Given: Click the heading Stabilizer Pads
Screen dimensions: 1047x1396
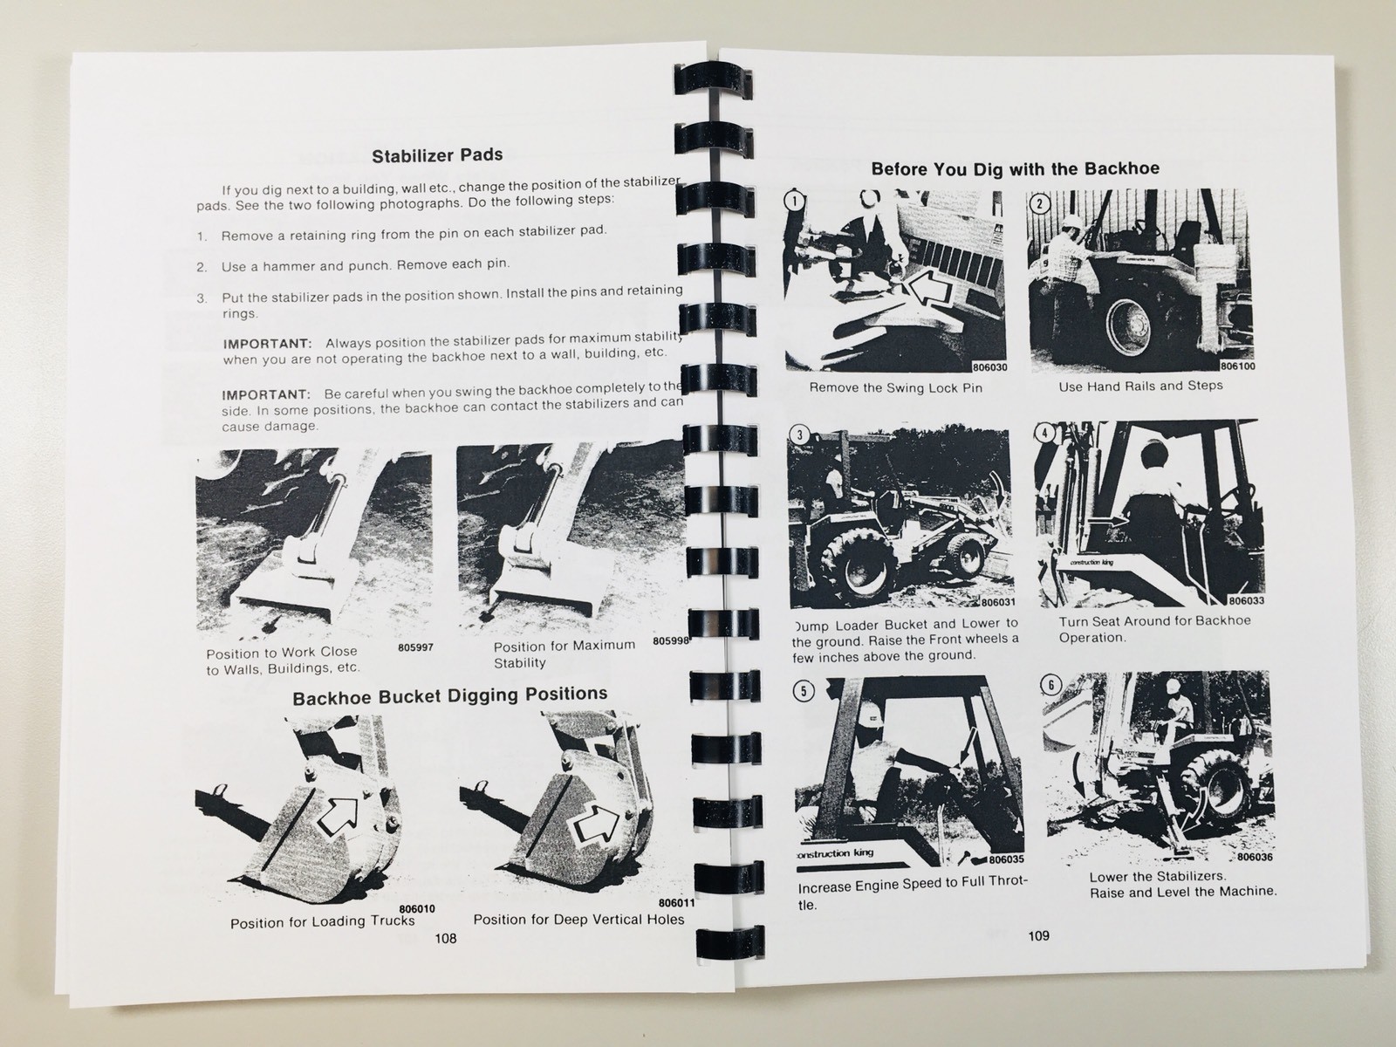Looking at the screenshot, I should pyautogui.click(x=437, y=156).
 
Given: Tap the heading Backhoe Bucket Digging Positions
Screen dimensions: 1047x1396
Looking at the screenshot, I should pyautogui.click(x=449, y=695).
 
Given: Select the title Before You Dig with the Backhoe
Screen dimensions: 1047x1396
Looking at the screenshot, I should pyautogui.click(x=1015, y=168).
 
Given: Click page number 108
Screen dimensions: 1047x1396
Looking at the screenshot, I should pyautogui.click(x=445, y=938).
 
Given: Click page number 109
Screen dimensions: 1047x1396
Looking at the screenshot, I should pyautogui.click(x=1038, y=935).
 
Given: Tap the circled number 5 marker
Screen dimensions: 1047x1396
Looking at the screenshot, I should pyautogui.click(x=803, y=691).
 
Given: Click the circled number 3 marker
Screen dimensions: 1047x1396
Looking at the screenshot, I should pyautogui.click(x=799, y=436).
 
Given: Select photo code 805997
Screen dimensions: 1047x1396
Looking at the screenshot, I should pyautogui.click(x=415, y=647).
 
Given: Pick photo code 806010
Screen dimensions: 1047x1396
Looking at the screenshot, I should pyautogui.click(x=416, y=908).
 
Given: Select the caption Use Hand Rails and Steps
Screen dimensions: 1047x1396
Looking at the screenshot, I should pyautogui.click(x=1140, y=386).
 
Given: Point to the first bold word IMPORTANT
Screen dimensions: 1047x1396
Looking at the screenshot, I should pyautogui.click(x=266, y=344).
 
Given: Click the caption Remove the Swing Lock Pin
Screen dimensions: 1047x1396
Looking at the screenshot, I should pyautogui.click(x=895, y=387).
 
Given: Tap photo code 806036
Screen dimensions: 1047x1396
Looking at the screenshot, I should pyautogui.click(x=1255, y=856).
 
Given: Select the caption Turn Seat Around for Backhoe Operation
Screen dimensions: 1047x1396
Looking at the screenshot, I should pyautogui.click(x=1153, y=628).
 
